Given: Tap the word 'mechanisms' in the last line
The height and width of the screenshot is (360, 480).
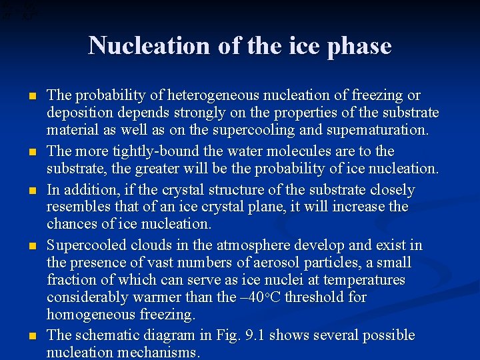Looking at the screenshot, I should (x=155, y=352).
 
